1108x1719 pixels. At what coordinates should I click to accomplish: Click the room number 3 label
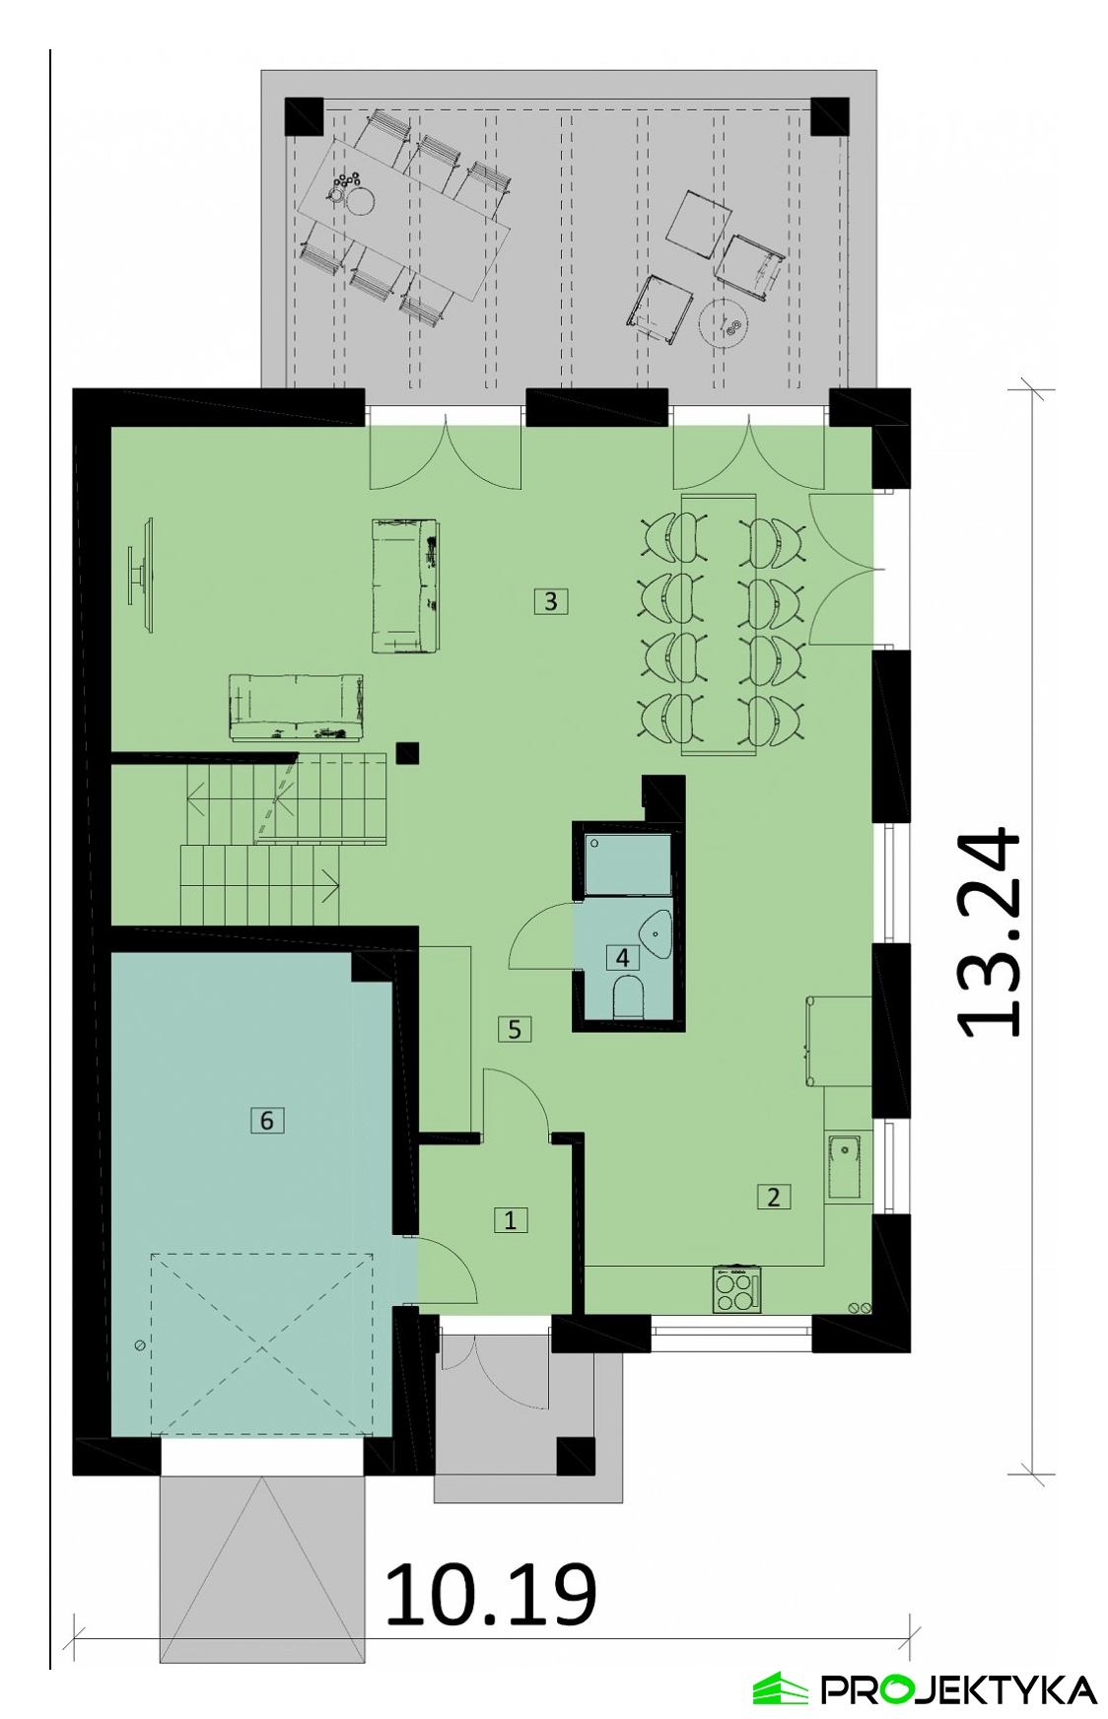(x=551, y=600)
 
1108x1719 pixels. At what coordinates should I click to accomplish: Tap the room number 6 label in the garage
(x=266, y=1120)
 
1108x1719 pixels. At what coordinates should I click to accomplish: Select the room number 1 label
(x=510, y=1220)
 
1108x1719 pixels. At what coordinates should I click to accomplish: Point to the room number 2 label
(x=774, y=1197)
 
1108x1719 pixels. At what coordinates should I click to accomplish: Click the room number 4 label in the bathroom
(x=622, y=957)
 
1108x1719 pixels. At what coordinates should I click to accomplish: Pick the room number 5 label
(x=515, y=1029)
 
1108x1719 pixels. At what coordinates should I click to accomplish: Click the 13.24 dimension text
(x=990, y=931)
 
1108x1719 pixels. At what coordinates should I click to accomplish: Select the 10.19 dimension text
(x=490, y=1595)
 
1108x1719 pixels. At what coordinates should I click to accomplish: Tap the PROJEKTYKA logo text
(x=959, y=1689)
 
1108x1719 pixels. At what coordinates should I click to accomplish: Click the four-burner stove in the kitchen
(x=737, y=1289)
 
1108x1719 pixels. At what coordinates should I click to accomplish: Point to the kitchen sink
(x=845, y=1167)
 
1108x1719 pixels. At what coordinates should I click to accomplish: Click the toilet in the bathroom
(x=628, y=997)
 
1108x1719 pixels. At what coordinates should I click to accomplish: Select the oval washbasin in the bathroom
(x=657, y=934)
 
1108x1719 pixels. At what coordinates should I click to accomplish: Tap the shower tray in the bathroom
(x=628, y=864)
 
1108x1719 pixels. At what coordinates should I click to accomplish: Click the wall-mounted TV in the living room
(x=142, y=574)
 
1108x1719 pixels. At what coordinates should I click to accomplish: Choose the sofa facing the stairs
(x=296, y=706)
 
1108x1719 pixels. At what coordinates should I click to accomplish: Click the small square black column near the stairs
(x=407, y=753)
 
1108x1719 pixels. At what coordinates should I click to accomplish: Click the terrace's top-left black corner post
(x=305, y=116)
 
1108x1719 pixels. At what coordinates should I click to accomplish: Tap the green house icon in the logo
(x=781, y=1688)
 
